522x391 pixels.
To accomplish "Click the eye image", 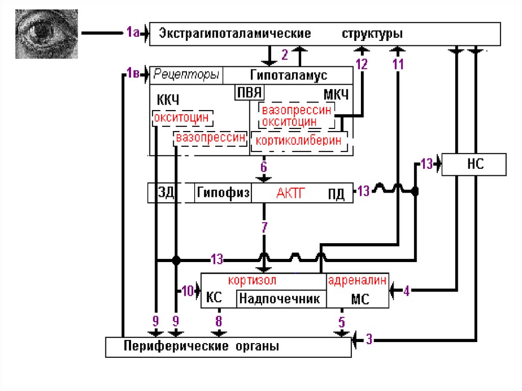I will (x=46, y=34).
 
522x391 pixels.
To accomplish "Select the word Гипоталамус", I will (x=289, y=75).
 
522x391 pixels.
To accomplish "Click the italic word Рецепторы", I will (x=186, y=75).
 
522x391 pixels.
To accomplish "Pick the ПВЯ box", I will (x=248, y=93).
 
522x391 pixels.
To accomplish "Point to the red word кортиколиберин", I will (x=299, y=141).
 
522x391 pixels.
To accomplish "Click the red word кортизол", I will (x=252, y=280).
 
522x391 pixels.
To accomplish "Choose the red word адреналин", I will (x=358, y=280).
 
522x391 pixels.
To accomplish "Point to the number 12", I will (x=361, y=64).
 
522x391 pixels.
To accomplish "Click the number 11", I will (x=398, y=64).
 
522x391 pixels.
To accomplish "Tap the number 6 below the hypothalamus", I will (x=264, y=167).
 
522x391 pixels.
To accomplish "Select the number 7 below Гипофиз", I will (x=264, y=228).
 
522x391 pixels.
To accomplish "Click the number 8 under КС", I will (x=219, y=321).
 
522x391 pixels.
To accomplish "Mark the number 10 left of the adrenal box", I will (x=187, y=291).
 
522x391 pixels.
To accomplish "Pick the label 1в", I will (x=133, y=74).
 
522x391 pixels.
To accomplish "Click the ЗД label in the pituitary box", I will (x=167, y=193).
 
